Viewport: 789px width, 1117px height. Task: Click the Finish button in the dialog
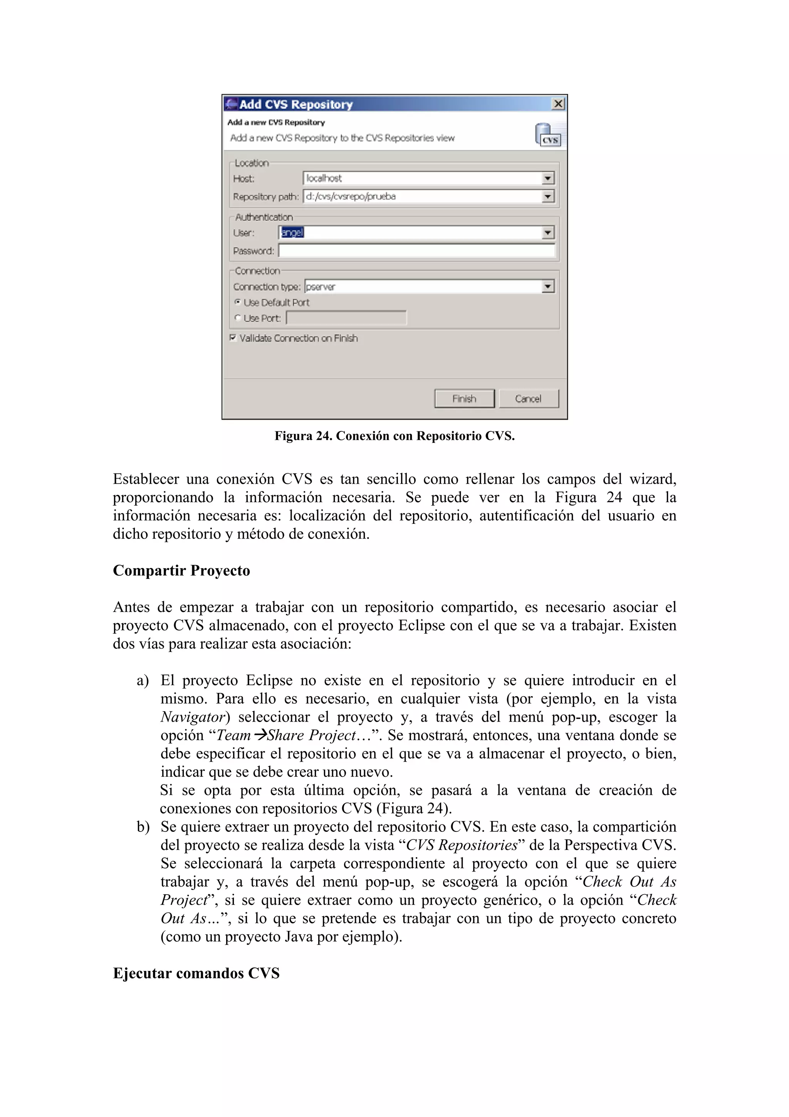pos(464,399)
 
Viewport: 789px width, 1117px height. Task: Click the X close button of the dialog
pos(558,104)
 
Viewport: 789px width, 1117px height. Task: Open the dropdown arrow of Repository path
pos(548,197)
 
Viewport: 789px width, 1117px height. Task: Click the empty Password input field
pos(416,251)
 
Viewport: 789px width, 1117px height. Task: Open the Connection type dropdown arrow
pos(548,286)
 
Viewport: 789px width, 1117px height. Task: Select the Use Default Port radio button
pos(238,302)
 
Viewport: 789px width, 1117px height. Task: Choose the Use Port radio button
pos(238,318)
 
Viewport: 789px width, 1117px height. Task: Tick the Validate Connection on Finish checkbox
pos(233,338)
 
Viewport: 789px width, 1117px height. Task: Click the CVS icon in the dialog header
pos(548,135)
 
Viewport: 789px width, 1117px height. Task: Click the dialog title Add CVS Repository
pos(295,104)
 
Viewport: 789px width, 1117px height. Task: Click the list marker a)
pos(143,681)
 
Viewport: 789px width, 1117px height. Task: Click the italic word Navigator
pos(193,717)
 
